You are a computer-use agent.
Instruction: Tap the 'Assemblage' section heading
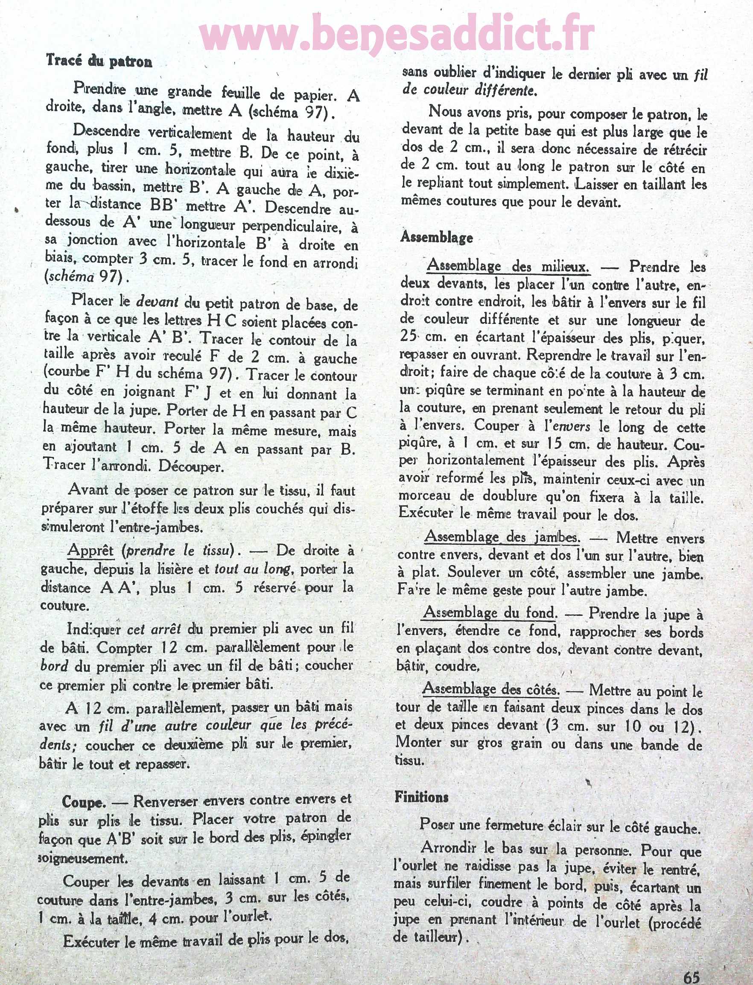click(x=437, y=236)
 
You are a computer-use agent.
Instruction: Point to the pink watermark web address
click(x=397, y=37)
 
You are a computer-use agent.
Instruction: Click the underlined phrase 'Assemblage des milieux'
click(x=508, y=266)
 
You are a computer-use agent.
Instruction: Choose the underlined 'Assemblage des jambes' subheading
click(x=502, y=537)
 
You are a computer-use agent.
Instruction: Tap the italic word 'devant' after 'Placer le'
click(x=157, y=302)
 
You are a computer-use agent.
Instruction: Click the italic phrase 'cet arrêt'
click(x=154, y=628)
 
